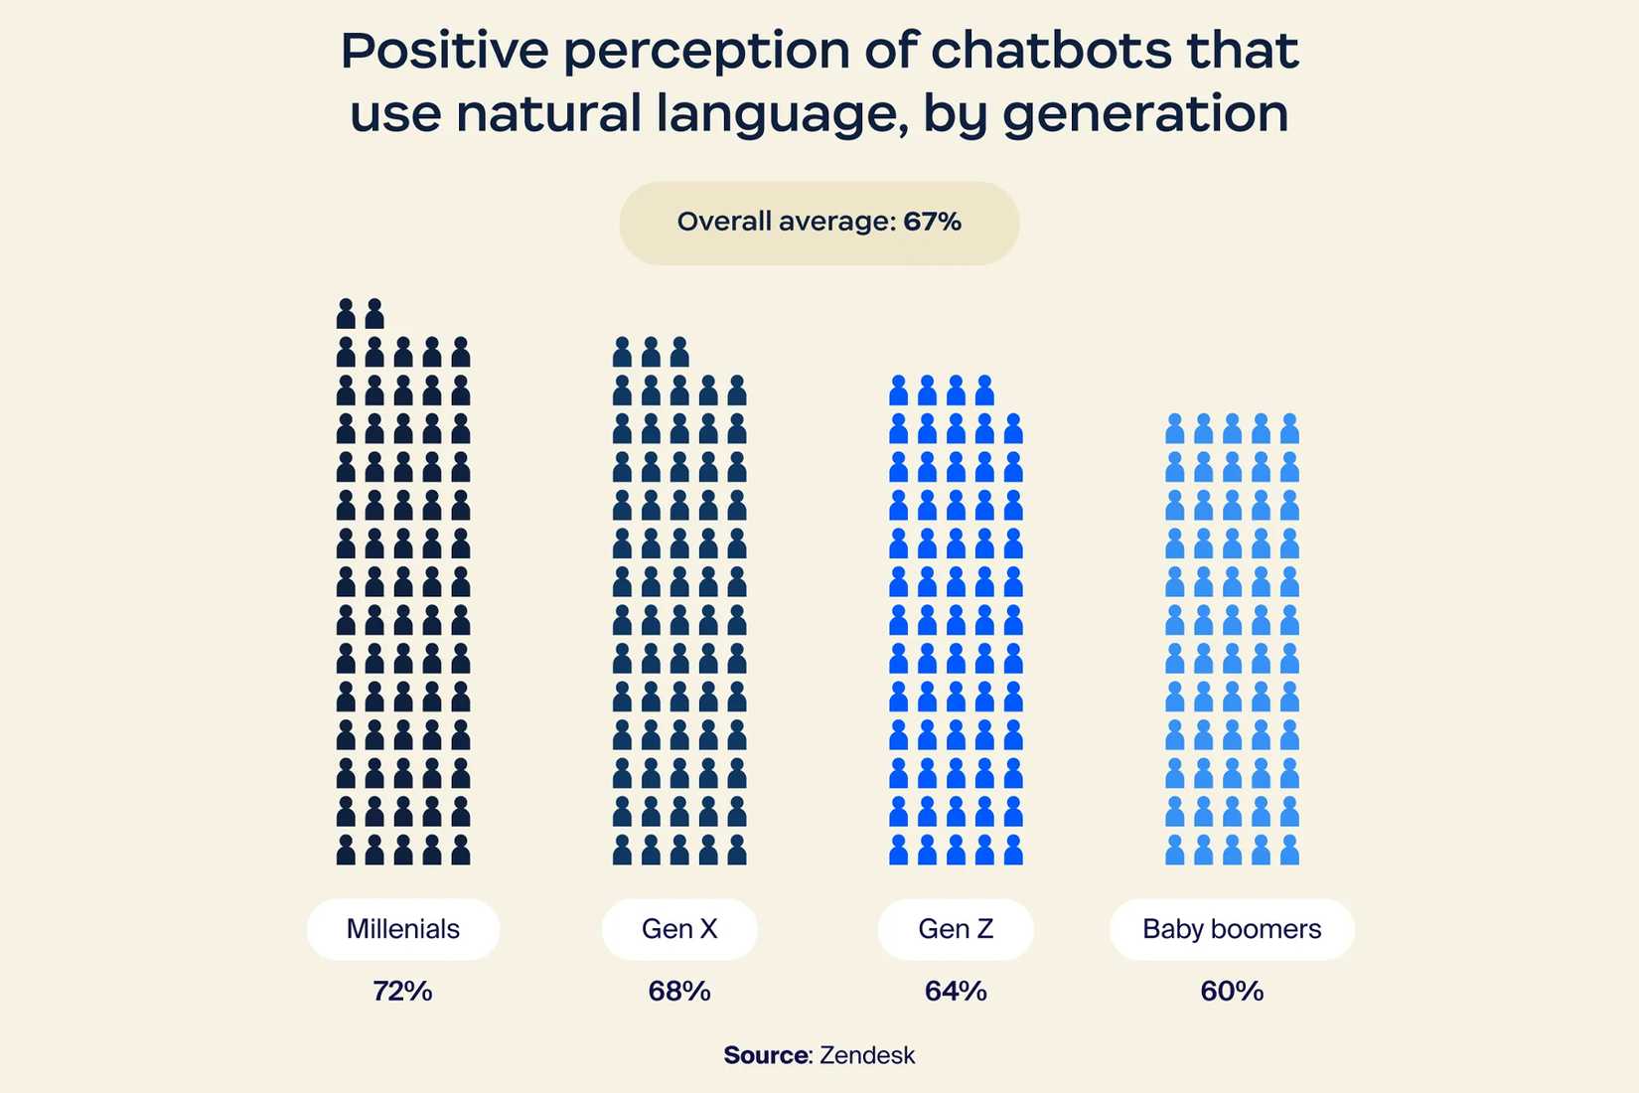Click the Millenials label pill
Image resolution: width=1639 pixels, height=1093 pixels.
pyautogui.click(x=402, y=929)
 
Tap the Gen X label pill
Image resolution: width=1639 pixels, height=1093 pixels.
pyautogui.click(x=679, y=929)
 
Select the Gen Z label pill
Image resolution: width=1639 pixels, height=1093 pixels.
pyautogui.click(x=956, y=929)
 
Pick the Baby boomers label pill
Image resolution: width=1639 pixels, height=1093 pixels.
pyautogui.click(x=1232, y=929)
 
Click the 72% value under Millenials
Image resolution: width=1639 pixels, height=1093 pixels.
pyautogui.click(x=402, y=991)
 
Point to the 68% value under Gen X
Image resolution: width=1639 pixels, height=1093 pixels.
pyautogui.click(x=679, y=991)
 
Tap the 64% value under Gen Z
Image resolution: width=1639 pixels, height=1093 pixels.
pyautogui.click(x=956, y=991)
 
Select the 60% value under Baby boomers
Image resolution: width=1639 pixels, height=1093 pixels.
pyautogui.click(x=1232, y=991)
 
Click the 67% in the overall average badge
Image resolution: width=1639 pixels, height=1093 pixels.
pyautogui.click(x=932, y=222)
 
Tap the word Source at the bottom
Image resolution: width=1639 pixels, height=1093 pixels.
pyautogui.click(x=766, y=1055)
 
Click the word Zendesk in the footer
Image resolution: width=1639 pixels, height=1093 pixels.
pyautogui.click(x=867, y=1055)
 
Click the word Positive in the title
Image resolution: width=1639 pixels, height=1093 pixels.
pyautogui.click(x=444, y=51)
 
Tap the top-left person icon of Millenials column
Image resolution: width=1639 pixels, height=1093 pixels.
pyautogui.click(x=346, y=314)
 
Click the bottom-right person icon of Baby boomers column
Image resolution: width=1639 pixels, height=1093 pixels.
pyautogui.click(x=1289, y=851)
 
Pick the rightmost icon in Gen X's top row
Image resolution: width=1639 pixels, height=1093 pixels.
pyautogui.click(x=679, y=353)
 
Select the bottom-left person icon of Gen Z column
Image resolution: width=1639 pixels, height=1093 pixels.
pyautogui.click(x=898, y=851)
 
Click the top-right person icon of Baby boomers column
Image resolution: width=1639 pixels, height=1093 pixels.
pyautogui.click(x=1289, y=429)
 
